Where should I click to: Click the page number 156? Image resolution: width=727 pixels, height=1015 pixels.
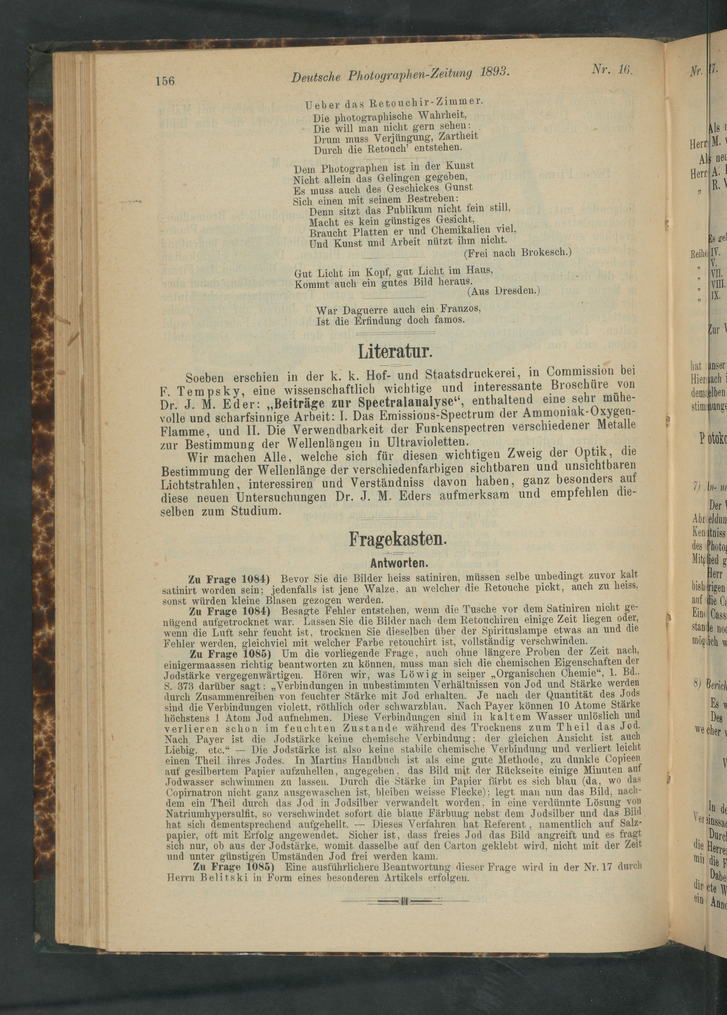coord(165,81)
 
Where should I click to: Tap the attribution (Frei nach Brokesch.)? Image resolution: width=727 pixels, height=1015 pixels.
coord(518,253)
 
